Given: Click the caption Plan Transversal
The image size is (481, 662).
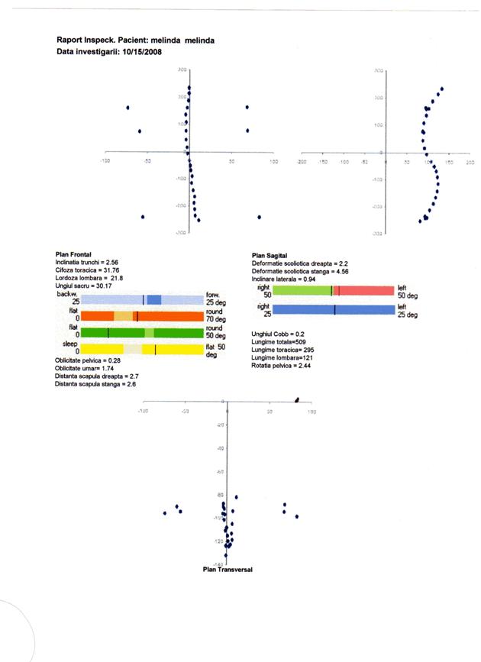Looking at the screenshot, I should pyautogui.click(x=228, y=570).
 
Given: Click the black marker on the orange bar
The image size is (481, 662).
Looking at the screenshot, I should pyautogui.click(x=136, y=315).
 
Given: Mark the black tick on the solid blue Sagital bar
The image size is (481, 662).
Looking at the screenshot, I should pyautogui.click(x=334, y=309).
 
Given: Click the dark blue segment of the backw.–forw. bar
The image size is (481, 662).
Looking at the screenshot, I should pyautogui.click(x=154, y=299).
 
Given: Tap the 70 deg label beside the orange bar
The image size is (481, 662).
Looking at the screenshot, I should pyautogui.click(x=219, y=318).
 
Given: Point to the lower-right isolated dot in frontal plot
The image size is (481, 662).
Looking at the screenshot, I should pyautogui.click(x=260, y=217).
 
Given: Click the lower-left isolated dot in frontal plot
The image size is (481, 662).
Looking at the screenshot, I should pyautogui.click(x=143, y=217).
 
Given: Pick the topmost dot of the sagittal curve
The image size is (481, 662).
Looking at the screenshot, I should pyautogui.click(x=441, y=89).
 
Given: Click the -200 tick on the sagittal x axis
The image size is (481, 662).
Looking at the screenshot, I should pyautogui.click(x=302, y=162).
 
